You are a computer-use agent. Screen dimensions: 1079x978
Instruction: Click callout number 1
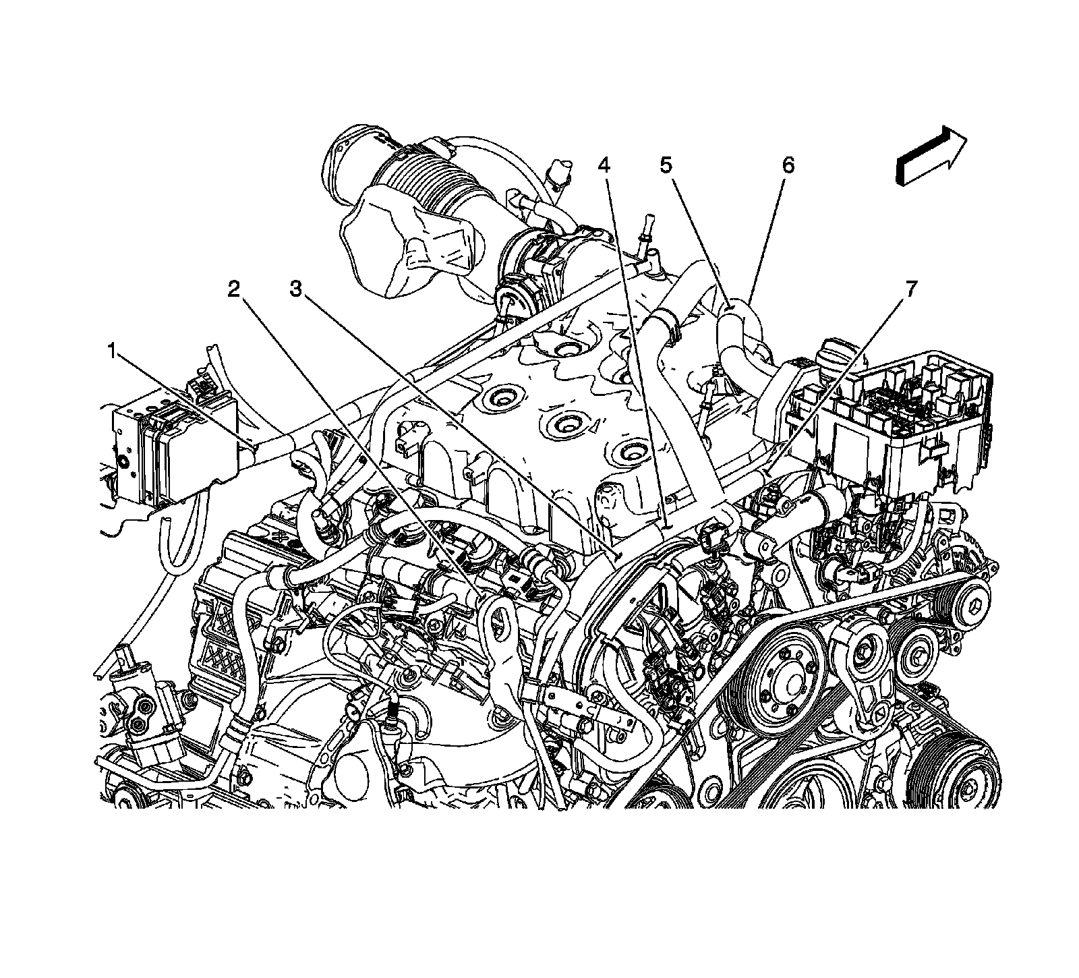click(x=113, y=351)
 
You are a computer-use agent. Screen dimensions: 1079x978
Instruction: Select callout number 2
click(x=233, y=289)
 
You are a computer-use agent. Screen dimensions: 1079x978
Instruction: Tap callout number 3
click(x=296, y=289)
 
